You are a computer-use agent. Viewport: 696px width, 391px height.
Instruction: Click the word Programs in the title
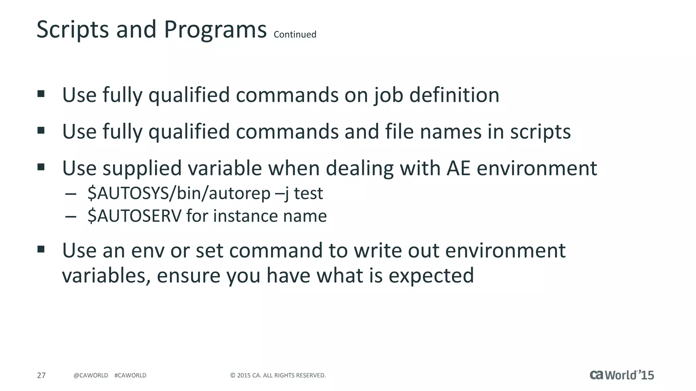point(215,30)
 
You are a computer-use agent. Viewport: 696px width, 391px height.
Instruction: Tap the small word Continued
point(295,35)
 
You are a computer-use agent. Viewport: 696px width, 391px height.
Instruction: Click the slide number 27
point(41,375)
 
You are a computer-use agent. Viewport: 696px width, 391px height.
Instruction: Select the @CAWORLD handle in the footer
point(91,375)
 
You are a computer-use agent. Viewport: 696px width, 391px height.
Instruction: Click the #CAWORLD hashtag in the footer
point(130,375)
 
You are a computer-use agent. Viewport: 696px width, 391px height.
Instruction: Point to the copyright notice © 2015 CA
point(278,375)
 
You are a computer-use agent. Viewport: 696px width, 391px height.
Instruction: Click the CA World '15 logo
point(622,375)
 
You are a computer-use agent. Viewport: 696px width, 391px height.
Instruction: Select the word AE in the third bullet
point(458,168)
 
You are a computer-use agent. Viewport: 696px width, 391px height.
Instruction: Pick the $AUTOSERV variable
point(135,216)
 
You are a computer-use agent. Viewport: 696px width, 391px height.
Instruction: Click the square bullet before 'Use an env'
point(41,250)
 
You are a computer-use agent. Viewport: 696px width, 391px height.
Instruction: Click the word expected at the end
point(431,275)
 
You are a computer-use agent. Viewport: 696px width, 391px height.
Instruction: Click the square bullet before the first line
point(41,94)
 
